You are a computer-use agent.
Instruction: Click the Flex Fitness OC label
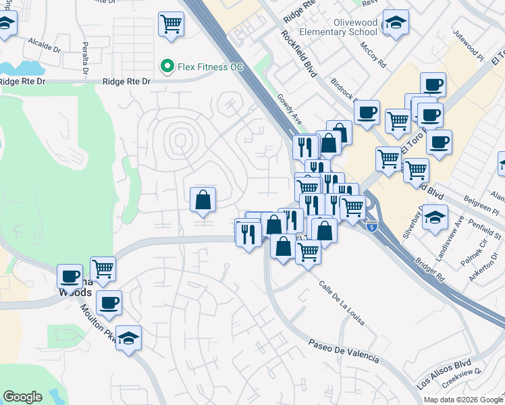tap(210, 67)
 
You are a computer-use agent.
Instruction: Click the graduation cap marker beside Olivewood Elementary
tap(396, 23)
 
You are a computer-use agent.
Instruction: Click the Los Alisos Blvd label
tap(444, 373)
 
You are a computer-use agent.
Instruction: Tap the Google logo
tap(22, 396)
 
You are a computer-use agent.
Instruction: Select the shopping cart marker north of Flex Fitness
tap(171, 25)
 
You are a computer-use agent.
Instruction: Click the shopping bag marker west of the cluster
tap(203, 200)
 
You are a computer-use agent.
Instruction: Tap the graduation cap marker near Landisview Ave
tap(435, 218)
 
